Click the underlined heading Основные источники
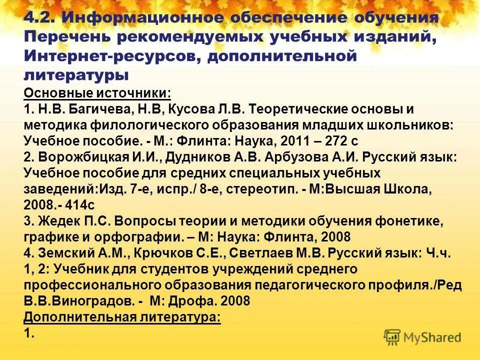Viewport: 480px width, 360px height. point(97,93)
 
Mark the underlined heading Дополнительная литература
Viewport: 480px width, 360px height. point(122,317)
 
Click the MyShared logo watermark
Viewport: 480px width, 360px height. point(422,336)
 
